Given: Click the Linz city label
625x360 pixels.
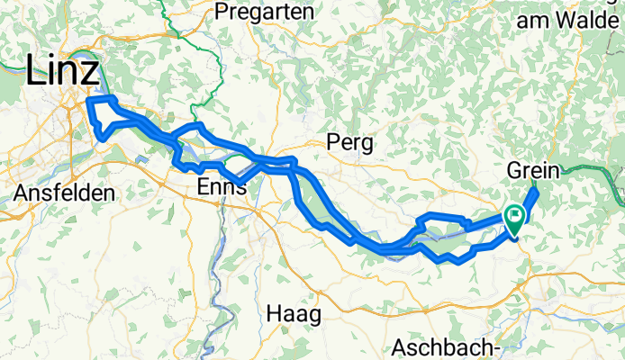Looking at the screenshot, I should (x=62, y=70).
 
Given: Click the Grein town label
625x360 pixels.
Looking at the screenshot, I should (x=535, y=170).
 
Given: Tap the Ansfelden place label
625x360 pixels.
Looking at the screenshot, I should (x=65, y=193).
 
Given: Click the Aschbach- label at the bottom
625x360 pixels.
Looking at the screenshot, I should (x=446, y=347).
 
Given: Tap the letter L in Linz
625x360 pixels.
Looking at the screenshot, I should (x=37, y=70).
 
